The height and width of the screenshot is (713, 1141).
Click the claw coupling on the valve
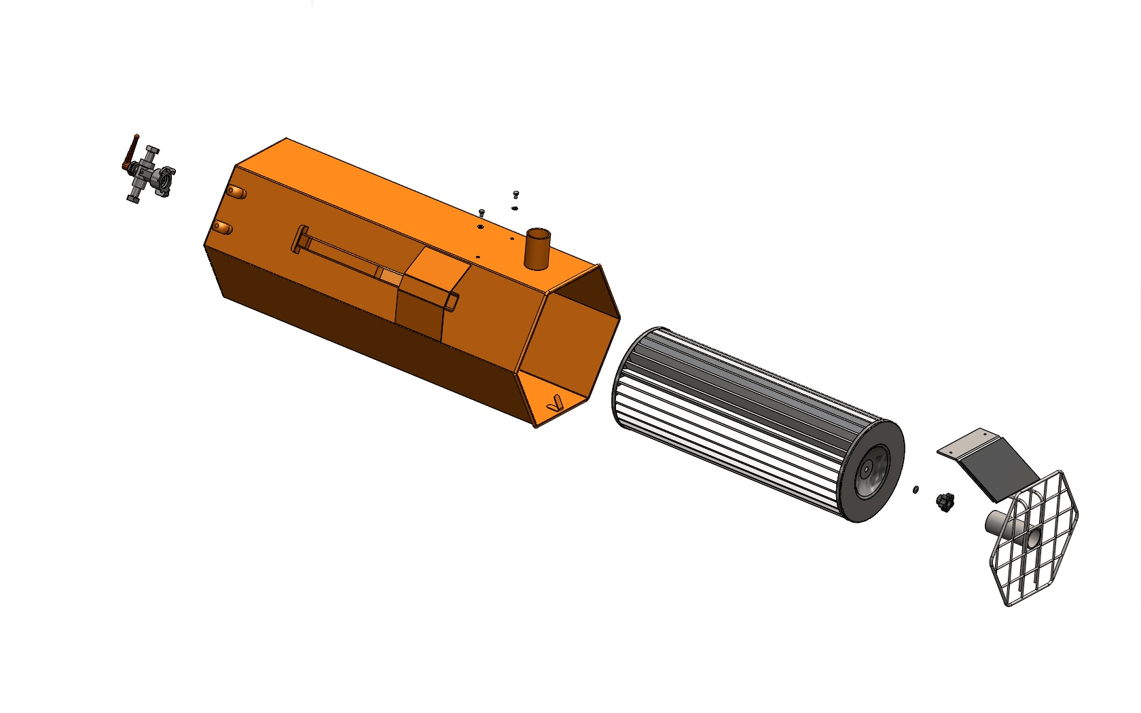165,181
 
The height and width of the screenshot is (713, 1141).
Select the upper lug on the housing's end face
236,193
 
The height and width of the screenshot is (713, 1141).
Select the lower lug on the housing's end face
222,227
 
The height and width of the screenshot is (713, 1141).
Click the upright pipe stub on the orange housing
537,249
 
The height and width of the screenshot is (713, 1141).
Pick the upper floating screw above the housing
515,194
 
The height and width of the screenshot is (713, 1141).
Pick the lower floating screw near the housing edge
482,213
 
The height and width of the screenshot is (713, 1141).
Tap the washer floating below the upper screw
515,208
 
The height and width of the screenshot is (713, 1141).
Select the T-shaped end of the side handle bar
300,240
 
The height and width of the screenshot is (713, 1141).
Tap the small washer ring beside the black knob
916,489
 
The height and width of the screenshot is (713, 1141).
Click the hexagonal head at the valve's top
153,150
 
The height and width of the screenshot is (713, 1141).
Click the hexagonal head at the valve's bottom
134,198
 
